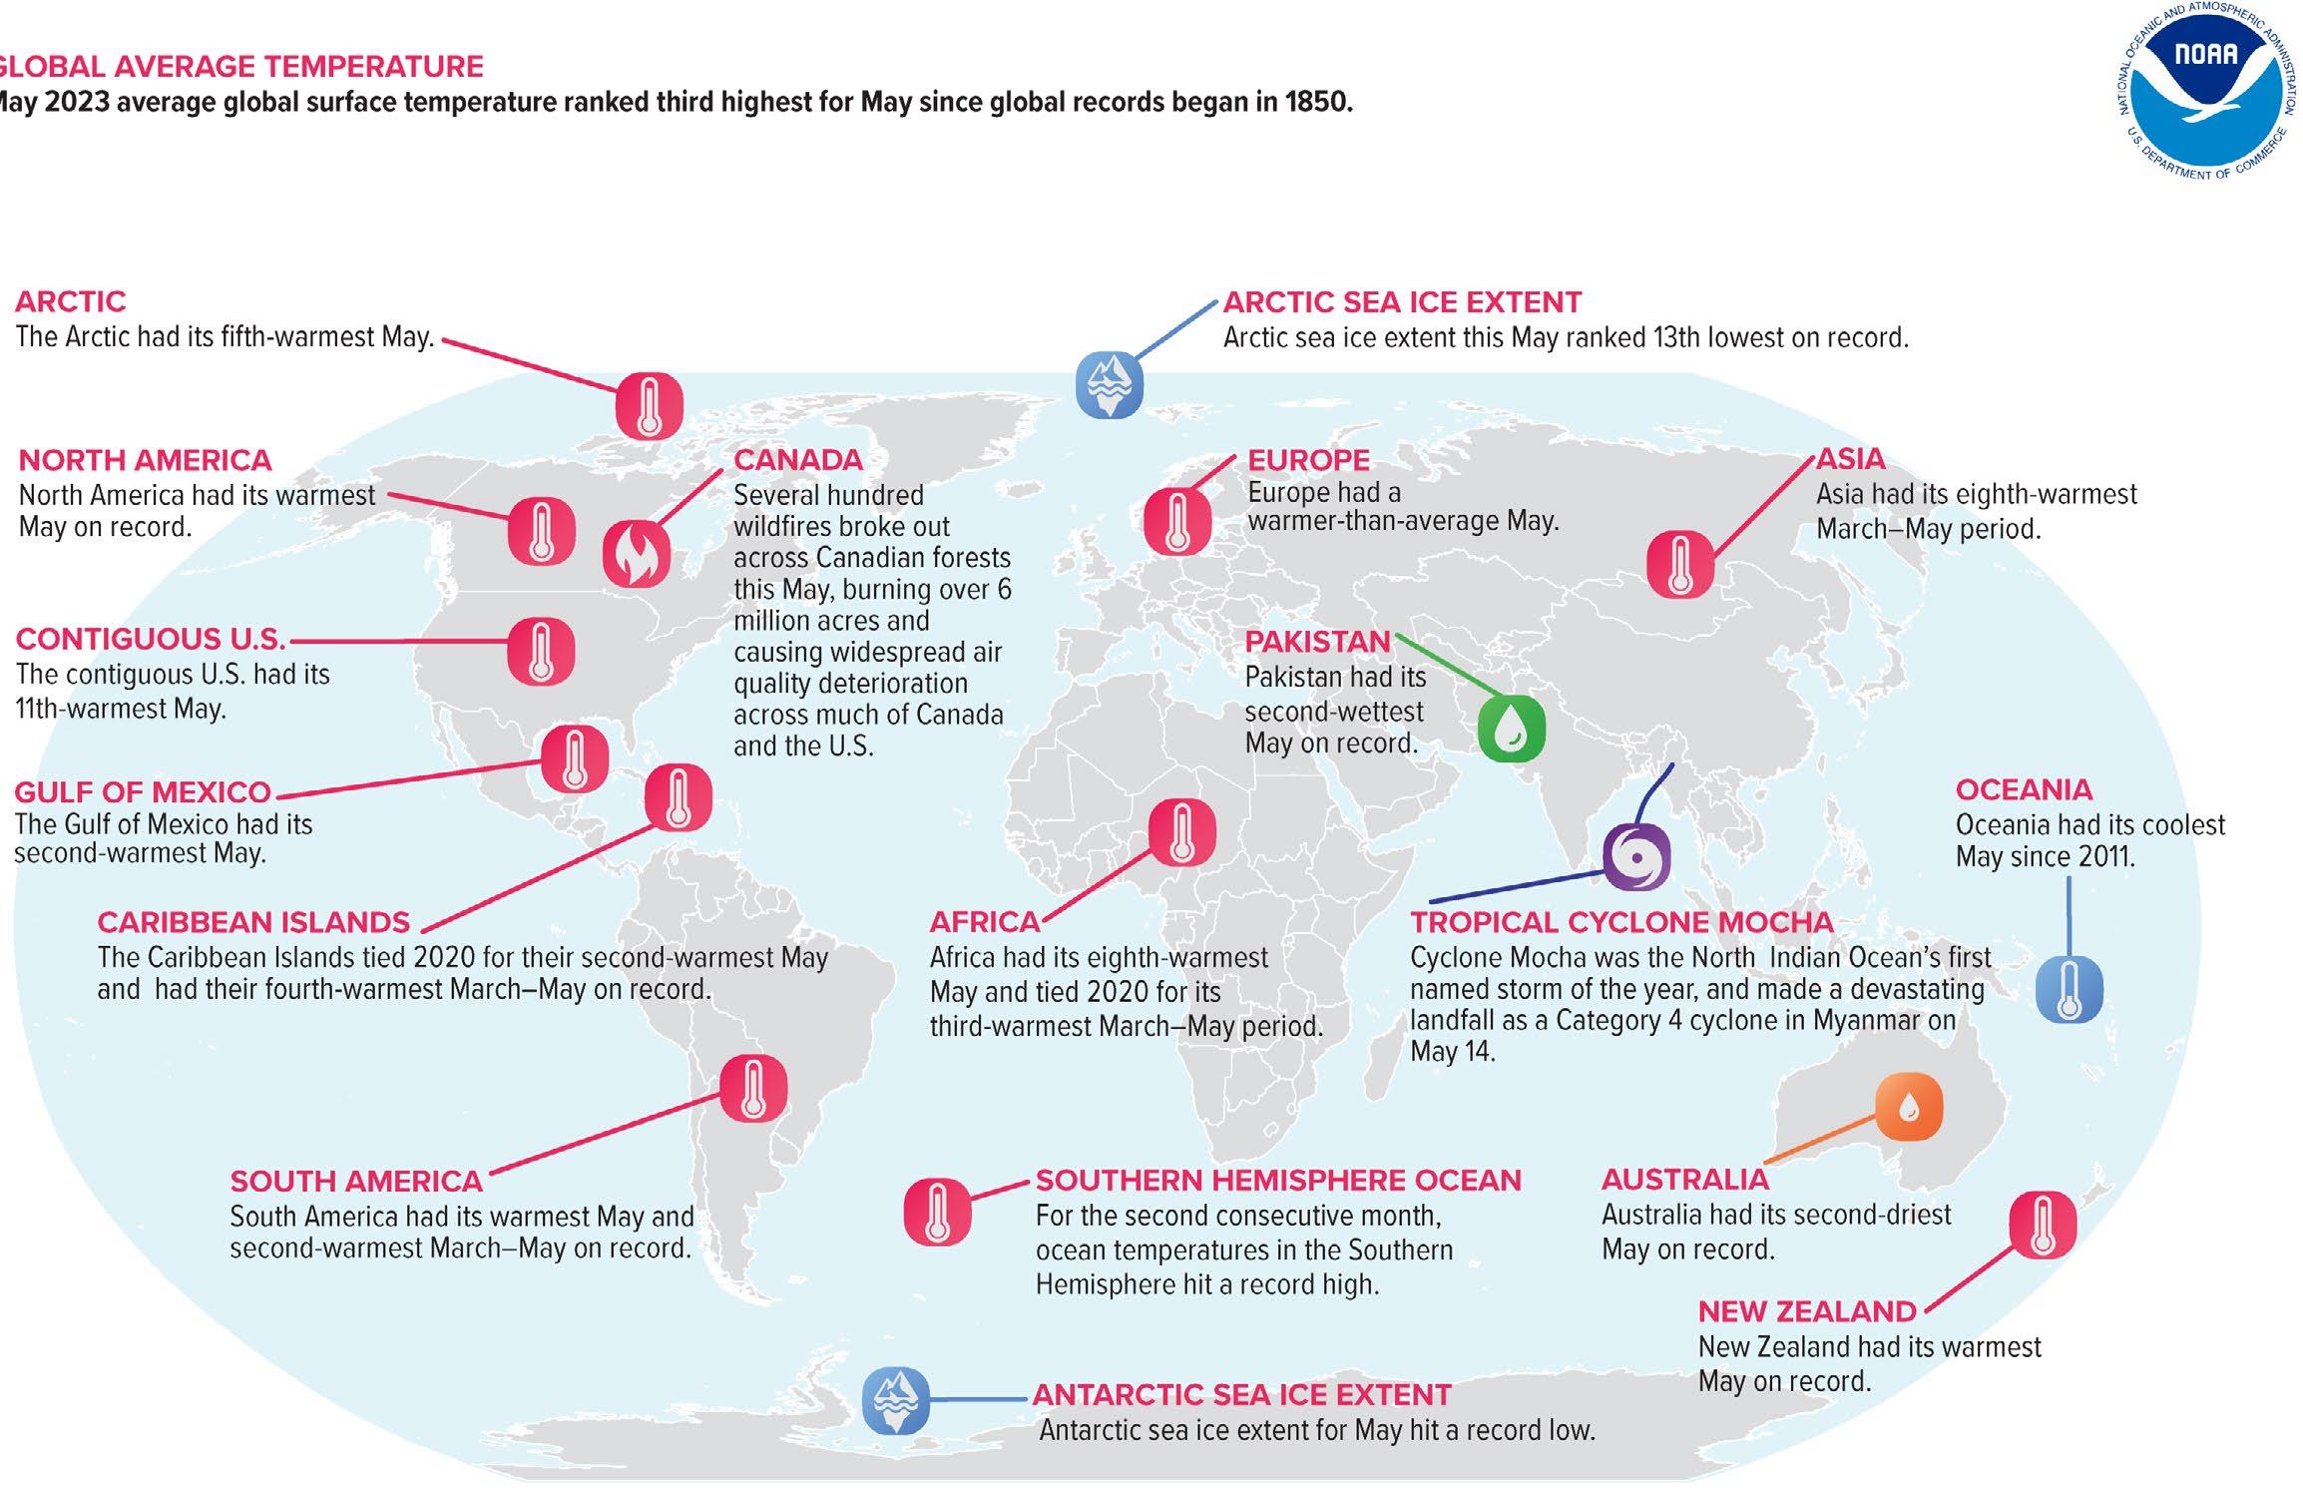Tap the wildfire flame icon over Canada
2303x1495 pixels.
[637, 554]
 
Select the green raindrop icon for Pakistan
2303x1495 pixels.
[1511, 730]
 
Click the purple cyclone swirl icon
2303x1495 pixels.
[1636, 856]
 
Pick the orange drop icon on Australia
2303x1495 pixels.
[1908, 1107]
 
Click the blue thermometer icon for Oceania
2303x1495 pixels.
[2070, 989]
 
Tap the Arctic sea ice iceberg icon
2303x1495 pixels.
[1109, 384]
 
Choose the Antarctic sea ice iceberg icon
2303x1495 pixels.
[895, 1400]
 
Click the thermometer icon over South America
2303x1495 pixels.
[753, 1088]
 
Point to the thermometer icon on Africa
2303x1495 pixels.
[1181, 832]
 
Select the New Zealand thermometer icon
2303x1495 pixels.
[2042, 1225]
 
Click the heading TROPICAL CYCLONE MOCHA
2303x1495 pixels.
[1621, 922]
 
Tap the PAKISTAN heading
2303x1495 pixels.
[1317, 642]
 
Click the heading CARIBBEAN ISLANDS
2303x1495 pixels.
[253, 922]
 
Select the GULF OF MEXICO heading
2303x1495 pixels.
[143, 792]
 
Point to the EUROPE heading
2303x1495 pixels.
[1308, 460]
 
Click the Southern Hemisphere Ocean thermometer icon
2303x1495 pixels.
[937, 1212]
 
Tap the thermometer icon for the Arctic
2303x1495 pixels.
[649, 406]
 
